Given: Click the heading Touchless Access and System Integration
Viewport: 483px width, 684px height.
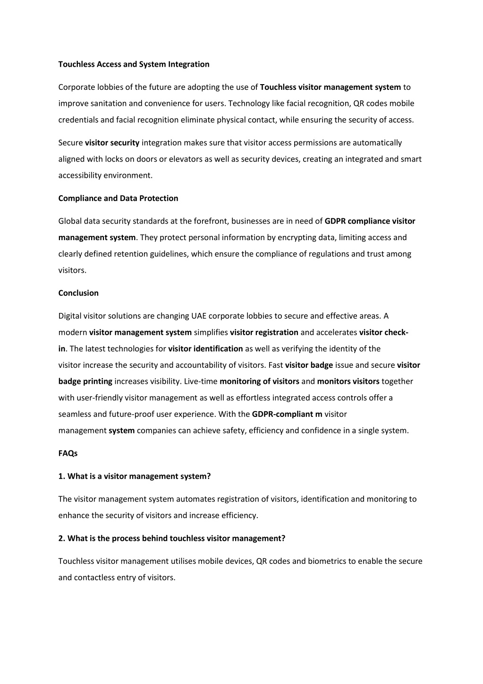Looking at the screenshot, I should (134, 64).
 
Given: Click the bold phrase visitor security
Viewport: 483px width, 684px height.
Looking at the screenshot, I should (112, 143).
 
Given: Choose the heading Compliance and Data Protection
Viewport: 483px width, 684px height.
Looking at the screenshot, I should (118, 199).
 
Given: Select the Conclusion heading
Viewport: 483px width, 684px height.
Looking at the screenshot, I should (78, 293).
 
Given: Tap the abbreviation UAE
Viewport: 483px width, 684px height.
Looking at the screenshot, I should (199, 316).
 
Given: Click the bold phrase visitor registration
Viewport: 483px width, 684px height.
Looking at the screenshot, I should (264, 333).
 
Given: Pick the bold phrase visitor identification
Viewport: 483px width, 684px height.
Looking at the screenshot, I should (205, 349).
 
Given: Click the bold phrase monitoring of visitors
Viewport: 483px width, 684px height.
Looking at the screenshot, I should (259, 381).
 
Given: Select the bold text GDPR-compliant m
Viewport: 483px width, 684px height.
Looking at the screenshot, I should (287, 415).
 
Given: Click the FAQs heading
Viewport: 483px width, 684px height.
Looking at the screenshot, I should (68, 453).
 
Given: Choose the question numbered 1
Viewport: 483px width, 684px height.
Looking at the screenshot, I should (135, 476).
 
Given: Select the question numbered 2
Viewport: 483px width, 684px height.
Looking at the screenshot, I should (172, 538).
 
